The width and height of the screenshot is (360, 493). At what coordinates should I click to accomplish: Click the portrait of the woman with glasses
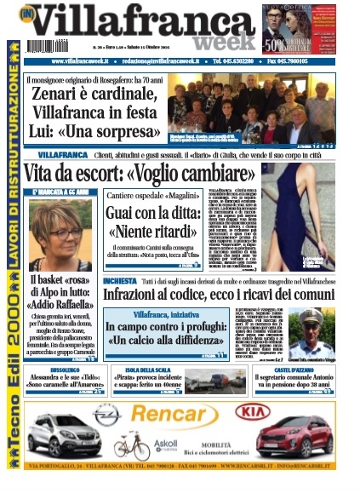(60, 237)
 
